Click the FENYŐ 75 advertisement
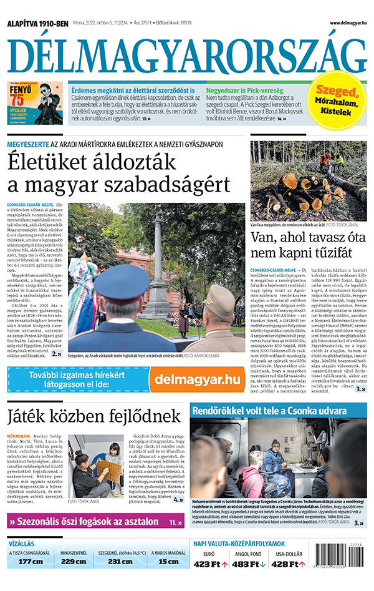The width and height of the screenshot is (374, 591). pos(35,102)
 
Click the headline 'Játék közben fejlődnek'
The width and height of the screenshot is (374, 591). pos(93,416)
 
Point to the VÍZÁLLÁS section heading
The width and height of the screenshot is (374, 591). pos(21,543)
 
